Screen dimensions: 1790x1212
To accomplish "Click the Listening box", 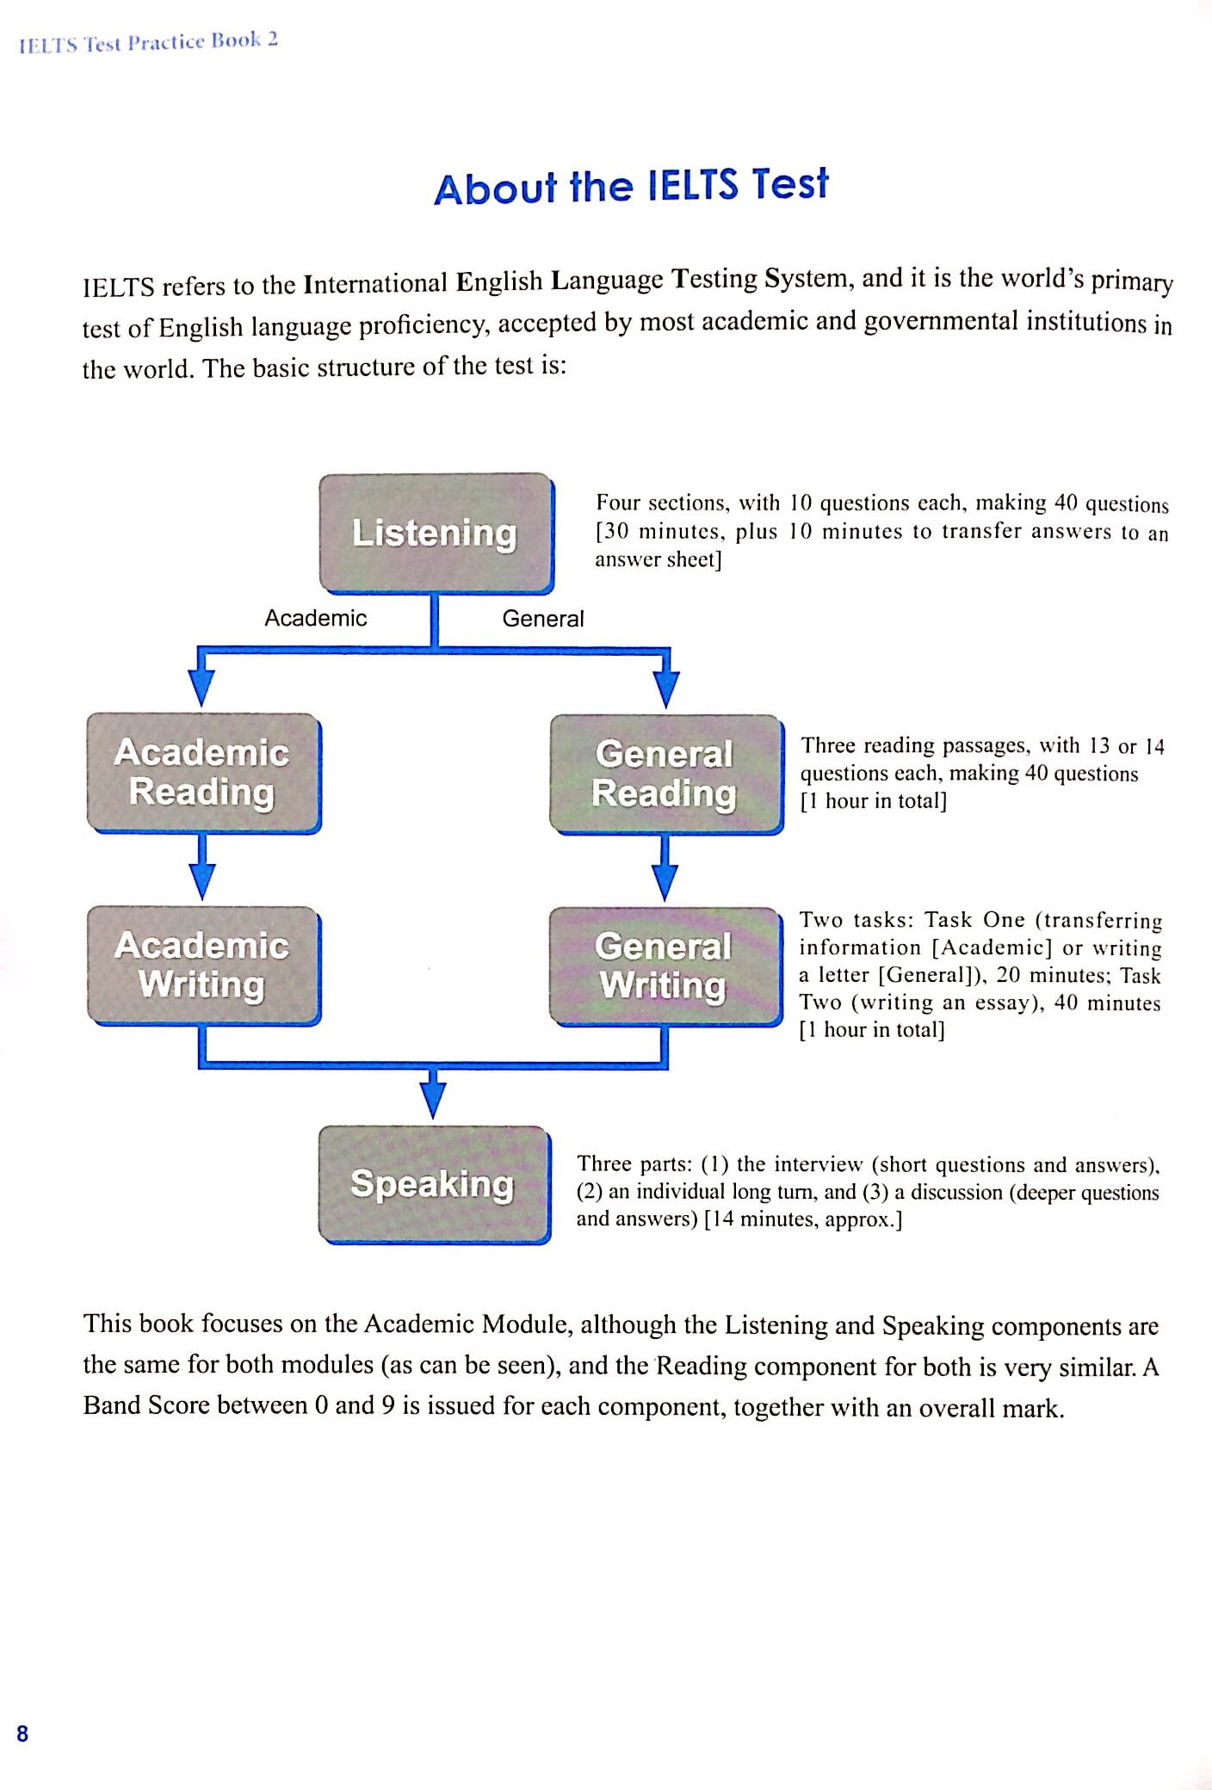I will [x=436, y=533].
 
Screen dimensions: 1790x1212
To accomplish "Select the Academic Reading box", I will [x=203, y=772].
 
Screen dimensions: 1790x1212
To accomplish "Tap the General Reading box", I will [x=665, y=774].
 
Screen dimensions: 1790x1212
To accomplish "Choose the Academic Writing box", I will [x=203, y=965].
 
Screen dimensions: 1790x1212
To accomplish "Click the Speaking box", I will [x=434, y=1184].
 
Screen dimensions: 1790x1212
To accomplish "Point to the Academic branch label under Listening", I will [x=315, y=618].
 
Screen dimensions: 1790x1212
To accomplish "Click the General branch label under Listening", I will [x=542, y=619].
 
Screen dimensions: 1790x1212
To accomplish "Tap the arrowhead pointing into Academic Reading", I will [x=201, y=688].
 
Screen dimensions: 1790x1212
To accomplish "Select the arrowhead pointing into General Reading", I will [x=666, y=688].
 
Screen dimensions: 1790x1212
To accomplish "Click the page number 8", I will [x=22, y=1733].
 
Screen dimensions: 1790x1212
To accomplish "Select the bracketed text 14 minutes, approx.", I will [x=802, y=1219].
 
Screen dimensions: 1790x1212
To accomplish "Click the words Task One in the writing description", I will [x=974, y=920].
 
